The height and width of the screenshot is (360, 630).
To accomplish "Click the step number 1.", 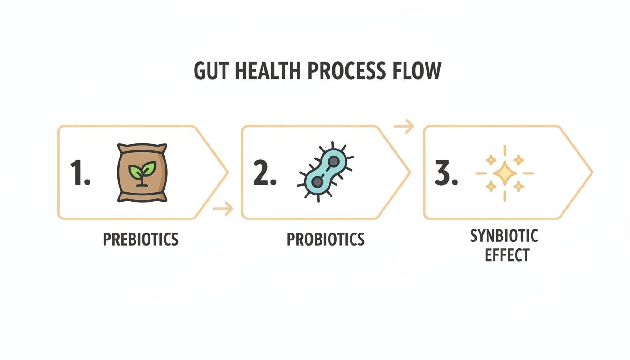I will (80, 172).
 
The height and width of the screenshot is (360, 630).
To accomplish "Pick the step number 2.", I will (264, 172).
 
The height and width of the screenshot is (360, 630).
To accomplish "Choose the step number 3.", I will (446, 172).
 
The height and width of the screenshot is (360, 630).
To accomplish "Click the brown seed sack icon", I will (142, 172).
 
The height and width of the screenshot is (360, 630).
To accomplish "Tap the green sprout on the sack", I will (142, 169).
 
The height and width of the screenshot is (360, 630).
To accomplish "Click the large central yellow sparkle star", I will (505, 173).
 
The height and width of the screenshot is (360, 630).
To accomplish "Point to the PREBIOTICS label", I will (141, 239).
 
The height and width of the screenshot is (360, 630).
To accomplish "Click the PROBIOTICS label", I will (325, 239).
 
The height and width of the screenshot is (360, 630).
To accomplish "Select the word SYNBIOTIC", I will (504, 236).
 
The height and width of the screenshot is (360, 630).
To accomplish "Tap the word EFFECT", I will (507, 255).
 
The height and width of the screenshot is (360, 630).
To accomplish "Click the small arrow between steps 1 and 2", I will (223, 208).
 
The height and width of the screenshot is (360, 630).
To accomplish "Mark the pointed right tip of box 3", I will (592, 172).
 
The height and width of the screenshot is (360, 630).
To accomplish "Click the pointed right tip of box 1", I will (227, 172).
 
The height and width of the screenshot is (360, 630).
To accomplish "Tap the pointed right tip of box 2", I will (410, 172).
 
